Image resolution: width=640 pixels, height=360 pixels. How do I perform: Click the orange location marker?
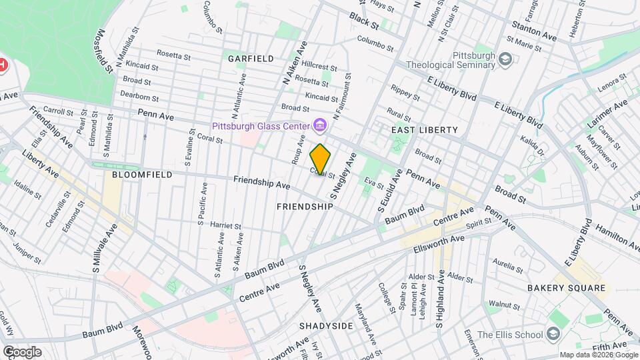[321, 159]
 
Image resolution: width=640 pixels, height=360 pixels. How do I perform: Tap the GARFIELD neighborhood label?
[251, 59]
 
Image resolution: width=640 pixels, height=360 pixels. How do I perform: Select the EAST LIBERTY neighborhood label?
[425, 129]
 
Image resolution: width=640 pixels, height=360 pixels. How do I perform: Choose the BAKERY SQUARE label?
[567, 289]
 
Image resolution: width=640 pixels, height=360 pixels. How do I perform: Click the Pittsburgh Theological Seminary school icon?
[506, 60]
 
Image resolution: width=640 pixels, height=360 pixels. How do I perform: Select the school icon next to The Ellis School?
[553, 334]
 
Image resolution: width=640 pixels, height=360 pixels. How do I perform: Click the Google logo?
[21, 351]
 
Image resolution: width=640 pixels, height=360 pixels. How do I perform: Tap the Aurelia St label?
[509, 265]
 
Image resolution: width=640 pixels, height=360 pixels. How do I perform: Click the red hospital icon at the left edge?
[3, 65]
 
